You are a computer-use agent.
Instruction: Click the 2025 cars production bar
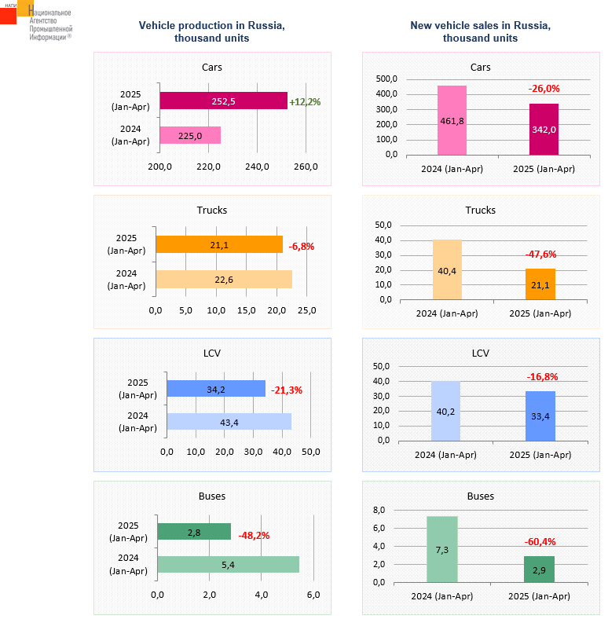click(x=223, y=101)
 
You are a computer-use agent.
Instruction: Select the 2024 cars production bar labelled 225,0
click(x=190, y=136)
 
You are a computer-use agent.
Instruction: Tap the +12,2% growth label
click(x=305, y=102)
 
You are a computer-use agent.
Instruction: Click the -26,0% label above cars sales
click(x=544, y=89)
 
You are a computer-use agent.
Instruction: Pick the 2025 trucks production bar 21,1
click(x=219, y=245)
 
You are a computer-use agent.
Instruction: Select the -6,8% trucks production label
click(x=302, y=246)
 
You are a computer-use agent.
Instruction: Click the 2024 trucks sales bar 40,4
click(x=447, y=269)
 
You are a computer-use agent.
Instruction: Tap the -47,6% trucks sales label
click(x=540, y=254)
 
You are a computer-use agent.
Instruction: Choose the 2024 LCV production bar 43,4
click(x=229, y=422)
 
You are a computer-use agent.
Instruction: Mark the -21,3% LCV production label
click(x=287, y=390)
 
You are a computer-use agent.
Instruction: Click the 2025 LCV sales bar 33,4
click(x=540, y=416)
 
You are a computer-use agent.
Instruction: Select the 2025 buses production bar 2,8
click(x=194, y=533)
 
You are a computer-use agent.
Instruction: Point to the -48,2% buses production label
click(x=254, y=535)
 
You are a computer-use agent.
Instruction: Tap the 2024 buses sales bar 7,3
click(x=442, y=549)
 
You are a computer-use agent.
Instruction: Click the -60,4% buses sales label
click(x=540, y=541)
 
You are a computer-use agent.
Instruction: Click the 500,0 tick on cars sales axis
click(x=386, y=79)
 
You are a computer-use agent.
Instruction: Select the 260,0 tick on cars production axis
click(x=306, y=167)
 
